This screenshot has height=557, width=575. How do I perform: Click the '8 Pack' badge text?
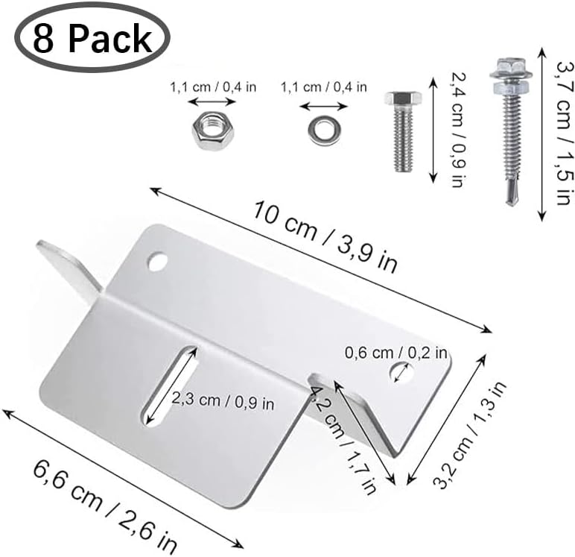92,39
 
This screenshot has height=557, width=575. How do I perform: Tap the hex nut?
213,130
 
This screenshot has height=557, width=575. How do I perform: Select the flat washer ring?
325,130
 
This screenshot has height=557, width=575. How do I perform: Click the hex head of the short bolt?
403,101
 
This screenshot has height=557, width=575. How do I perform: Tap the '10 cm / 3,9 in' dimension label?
325,237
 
